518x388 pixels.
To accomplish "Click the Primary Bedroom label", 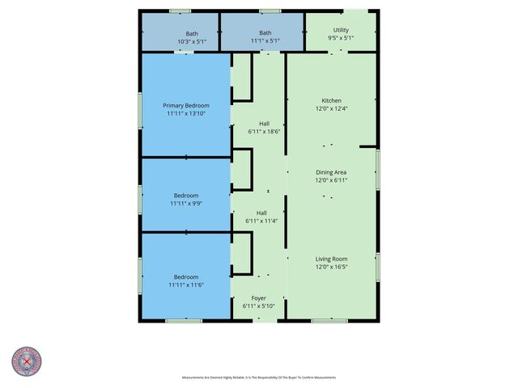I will (x=186, y=106).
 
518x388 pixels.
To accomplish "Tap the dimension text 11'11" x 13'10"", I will (x=186, y=115).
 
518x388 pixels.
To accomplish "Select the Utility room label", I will (x=341, y=30).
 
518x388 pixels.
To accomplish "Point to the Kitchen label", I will (x=332, y=100).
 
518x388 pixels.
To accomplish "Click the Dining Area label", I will (x=332, y=172).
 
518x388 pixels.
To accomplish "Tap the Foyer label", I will (x=259, y=298).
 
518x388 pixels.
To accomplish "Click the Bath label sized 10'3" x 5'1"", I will (x=192, y=33).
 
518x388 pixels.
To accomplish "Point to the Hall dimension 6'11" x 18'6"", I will (x=264, y=132).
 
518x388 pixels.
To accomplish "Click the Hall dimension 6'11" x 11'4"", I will (x=261, y=221).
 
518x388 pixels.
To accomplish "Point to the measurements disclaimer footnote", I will (x=259, y=377).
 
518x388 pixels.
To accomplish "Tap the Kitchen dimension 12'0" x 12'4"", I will (x=332, y=109).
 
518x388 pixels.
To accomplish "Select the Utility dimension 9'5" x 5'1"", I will (x=341, y=38).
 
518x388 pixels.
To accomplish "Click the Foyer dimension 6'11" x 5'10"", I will (x=259, y=306).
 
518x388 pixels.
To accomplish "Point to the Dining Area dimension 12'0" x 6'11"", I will (x=332, y=180).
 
